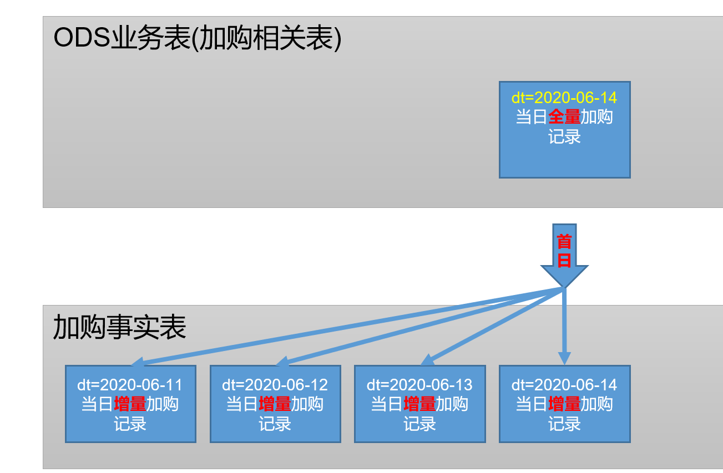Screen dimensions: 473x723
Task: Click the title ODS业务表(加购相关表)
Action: [197, 39]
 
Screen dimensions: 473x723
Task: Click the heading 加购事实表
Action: [119, 327]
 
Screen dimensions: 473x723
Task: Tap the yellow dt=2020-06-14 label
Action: [564, 98]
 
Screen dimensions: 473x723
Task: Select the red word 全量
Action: [564, 117]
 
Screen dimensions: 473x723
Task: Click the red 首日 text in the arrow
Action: [564, 251]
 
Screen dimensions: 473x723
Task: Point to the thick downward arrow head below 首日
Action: [564, 276]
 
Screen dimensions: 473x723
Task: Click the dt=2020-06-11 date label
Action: [130, 385]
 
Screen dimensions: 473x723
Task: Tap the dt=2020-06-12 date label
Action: [275, 385]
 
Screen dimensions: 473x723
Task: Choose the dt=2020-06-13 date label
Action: [420, 385]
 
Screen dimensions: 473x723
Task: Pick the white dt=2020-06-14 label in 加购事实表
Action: [564, 385]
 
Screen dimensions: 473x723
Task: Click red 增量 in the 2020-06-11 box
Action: [130, 404]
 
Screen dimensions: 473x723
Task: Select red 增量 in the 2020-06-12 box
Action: [275, 404]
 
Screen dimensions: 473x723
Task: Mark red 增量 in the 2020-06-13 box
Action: [419, 404]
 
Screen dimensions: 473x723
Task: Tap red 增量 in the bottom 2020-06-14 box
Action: [564, 404]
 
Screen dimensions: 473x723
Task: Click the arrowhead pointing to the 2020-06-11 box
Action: [136, 363]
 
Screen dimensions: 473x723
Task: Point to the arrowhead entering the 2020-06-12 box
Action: [281, 362]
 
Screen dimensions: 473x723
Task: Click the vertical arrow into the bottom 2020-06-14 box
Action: [564, 358]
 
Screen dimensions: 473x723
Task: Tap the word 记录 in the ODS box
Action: [564, 136]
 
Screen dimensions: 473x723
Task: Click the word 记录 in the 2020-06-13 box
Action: [420, 424]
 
